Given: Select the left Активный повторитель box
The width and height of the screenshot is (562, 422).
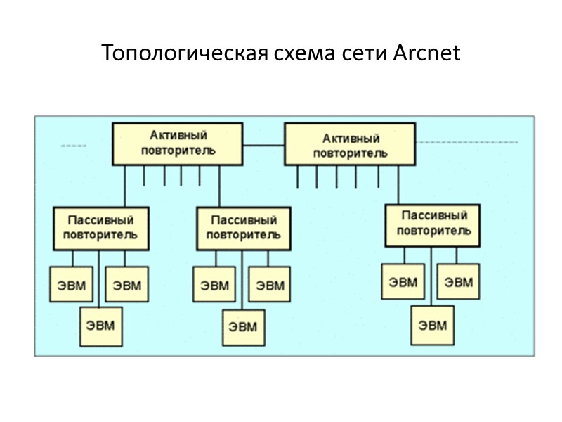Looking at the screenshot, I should click(x=178, y=143).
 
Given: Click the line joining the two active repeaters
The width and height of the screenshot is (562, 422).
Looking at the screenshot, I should click(x=263, y=146).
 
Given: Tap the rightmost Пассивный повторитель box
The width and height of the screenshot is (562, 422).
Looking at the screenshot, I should click(x=433, y=224).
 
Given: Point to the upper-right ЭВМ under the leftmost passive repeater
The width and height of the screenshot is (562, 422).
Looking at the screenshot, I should click(x=126, y=286).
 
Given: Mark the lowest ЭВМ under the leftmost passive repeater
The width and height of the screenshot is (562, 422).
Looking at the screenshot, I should click(x=100, y=326).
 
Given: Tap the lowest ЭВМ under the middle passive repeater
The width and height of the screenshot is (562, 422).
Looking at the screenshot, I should click(x=243, y=327).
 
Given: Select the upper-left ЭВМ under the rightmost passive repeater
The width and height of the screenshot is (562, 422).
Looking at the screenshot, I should click(x=403, y=282).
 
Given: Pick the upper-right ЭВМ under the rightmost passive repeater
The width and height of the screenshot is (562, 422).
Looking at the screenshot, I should click(x=459, y=282).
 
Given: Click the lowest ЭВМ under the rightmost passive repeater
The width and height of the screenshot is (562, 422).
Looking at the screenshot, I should click(x=432, y=324).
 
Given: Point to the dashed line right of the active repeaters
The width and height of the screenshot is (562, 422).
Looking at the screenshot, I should click(x=467, y=142).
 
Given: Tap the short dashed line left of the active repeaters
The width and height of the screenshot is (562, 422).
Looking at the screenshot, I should click(x=73, y=146).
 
